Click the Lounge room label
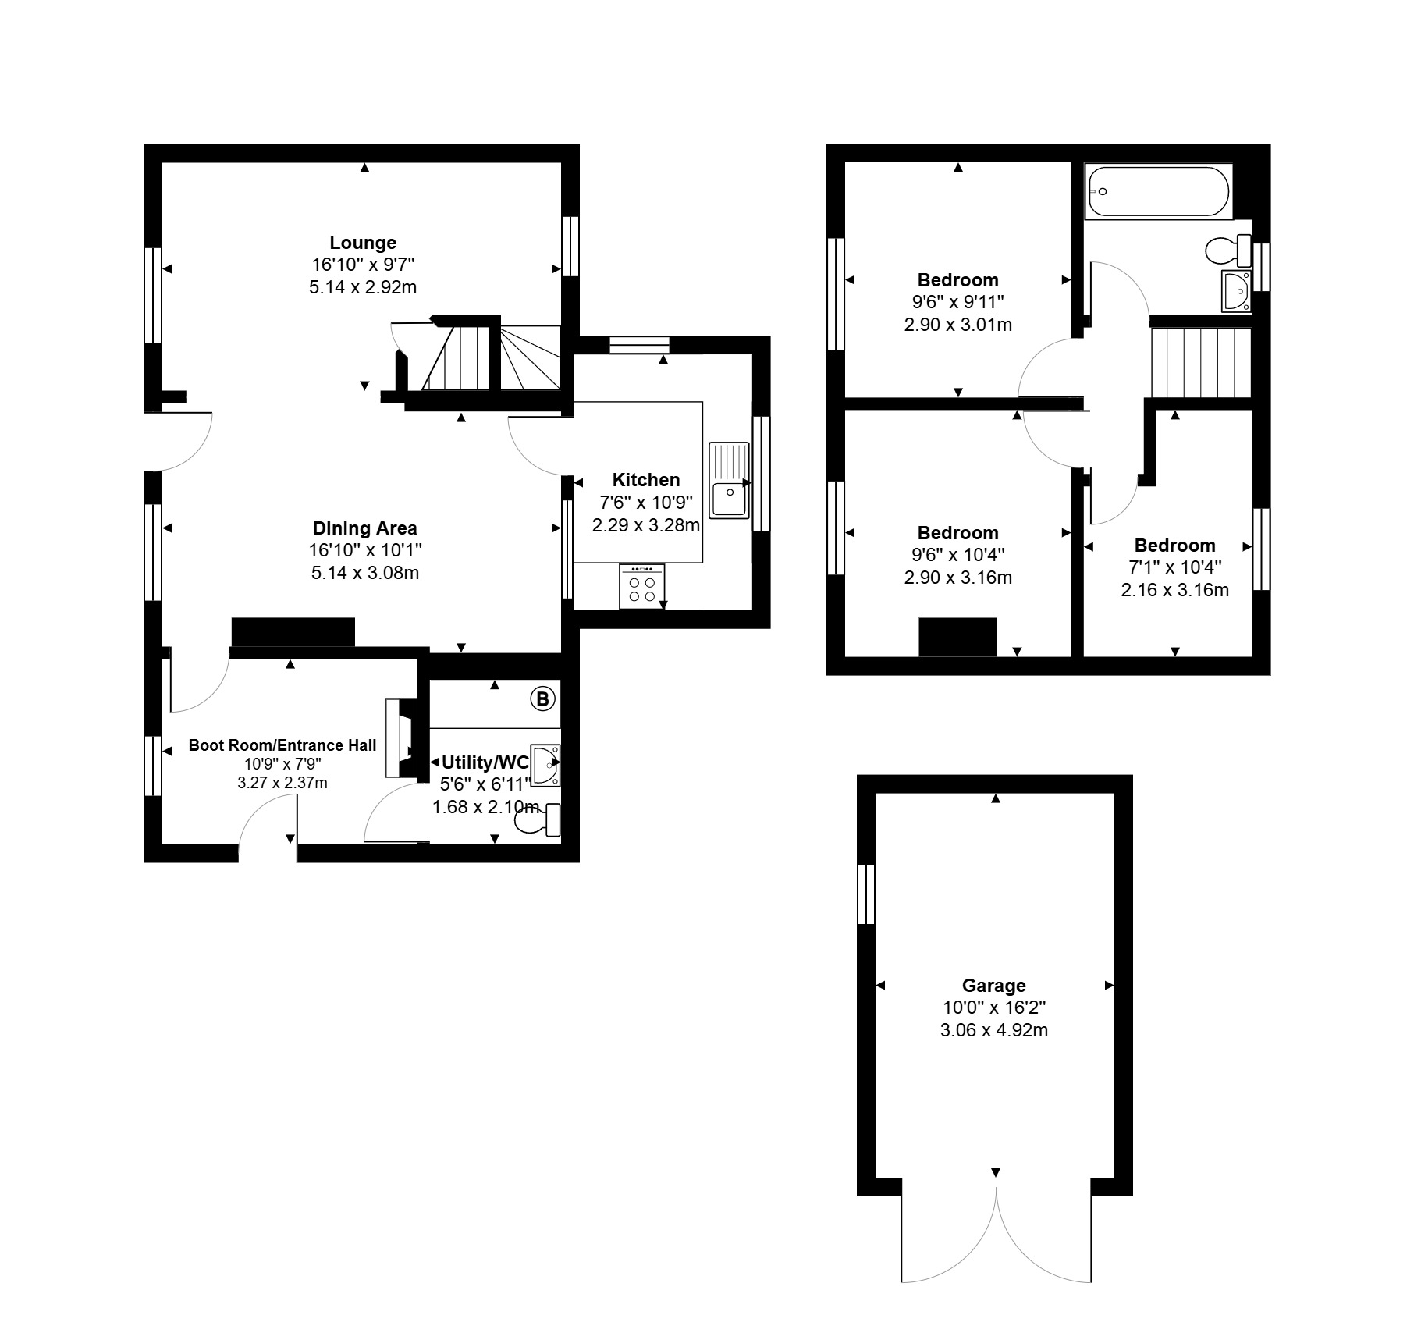363,243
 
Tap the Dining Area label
365,528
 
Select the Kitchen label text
646,480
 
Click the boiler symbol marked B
542,698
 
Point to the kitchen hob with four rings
642,586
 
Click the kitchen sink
729,480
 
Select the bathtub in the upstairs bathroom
1158,191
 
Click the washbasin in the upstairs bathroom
1237,291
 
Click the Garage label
993,986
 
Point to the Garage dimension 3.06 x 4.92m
994,1030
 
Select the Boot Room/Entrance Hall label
282,745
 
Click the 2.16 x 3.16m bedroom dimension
1175,590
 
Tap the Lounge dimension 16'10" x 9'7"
363,265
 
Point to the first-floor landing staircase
1202,363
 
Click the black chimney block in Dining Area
293,632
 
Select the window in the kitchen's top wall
640,344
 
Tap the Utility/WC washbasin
545,764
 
